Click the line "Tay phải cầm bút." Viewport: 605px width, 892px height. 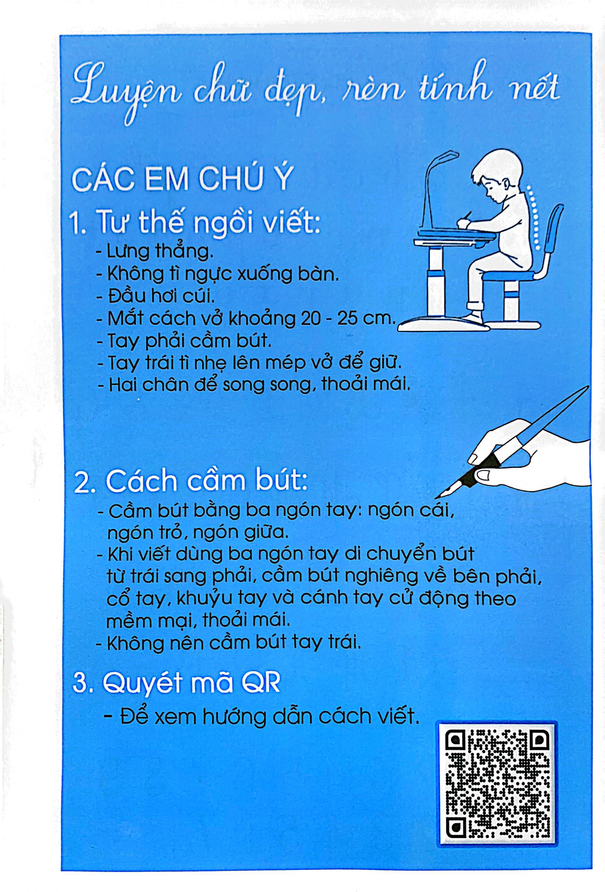(184, 341)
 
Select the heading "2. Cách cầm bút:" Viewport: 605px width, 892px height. (190, 483)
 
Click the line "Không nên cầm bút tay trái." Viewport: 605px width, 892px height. (229, 643)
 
